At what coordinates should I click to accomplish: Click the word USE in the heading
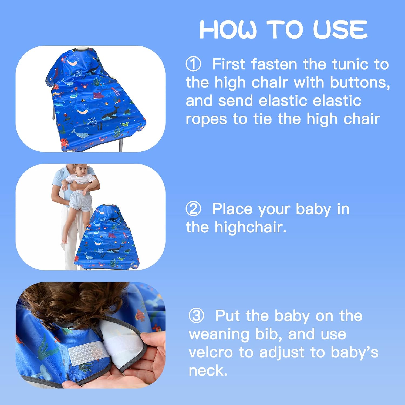coord(340,29)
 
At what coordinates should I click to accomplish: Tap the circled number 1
coord(193,64)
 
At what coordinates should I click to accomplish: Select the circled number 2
coord(193,209)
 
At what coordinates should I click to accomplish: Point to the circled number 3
coord(196,316)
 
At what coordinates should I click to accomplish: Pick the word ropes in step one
coord(206,119)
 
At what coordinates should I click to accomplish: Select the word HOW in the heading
coord(228,29)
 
